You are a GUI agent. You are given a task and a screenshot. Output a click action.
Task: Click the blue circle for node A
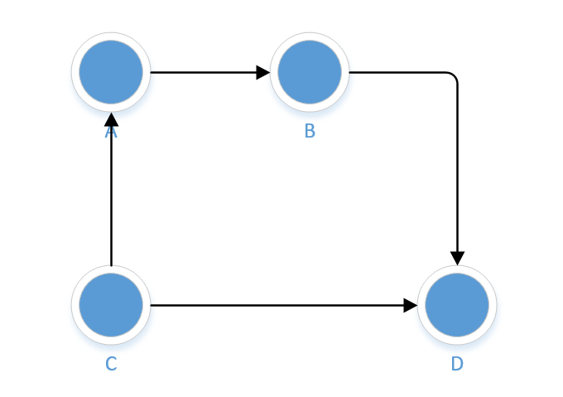click(111, 72)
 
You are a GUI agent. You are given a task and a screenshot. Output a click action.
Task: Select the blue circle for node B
click(310, 72)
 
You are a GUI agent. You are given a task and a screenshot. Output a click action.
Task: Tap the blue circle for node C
click(111, 305)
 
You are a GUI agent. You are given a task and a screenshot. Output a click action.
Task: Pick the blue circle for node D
click(457, 305)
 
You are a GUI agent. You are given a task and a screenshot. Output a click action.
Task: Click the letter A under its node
click(111, 132)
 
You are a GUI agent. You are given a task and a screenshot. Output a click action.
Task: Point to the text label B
click(310, 131)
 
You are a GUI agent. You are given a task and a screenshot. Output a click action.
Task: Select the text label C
click(111, 364)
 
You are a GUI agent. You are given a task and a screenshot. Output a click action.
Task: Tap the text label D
click(457, 364)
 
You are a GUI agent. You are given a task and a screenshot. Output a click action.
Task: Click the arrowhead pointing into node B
click(263, 72)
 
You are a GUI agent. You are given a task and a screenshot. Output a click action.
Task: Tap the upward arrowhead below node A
click(111, 120)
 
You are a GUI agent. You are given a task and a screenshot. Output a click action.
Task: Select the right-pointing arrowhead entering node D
click(410, 305)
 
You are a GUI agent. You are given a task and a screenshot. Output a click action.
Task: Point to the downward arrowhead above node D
click(457, 258)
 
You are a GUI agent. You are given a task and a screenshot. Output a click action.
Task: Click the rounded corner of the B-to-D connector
click(454, 75)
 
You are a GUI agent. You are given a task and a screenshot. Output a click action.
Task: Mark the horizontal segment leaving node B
click(397, 72)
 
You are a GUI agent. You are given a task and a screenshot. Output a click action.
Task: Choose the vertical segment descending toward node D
click(457, 166)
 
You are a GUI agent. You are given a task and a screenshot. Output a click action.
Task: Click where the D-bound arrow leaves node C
click(153, 305)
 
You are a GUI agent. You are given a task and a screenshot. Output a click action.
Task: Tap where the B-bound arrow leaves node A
click(153, 72)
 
